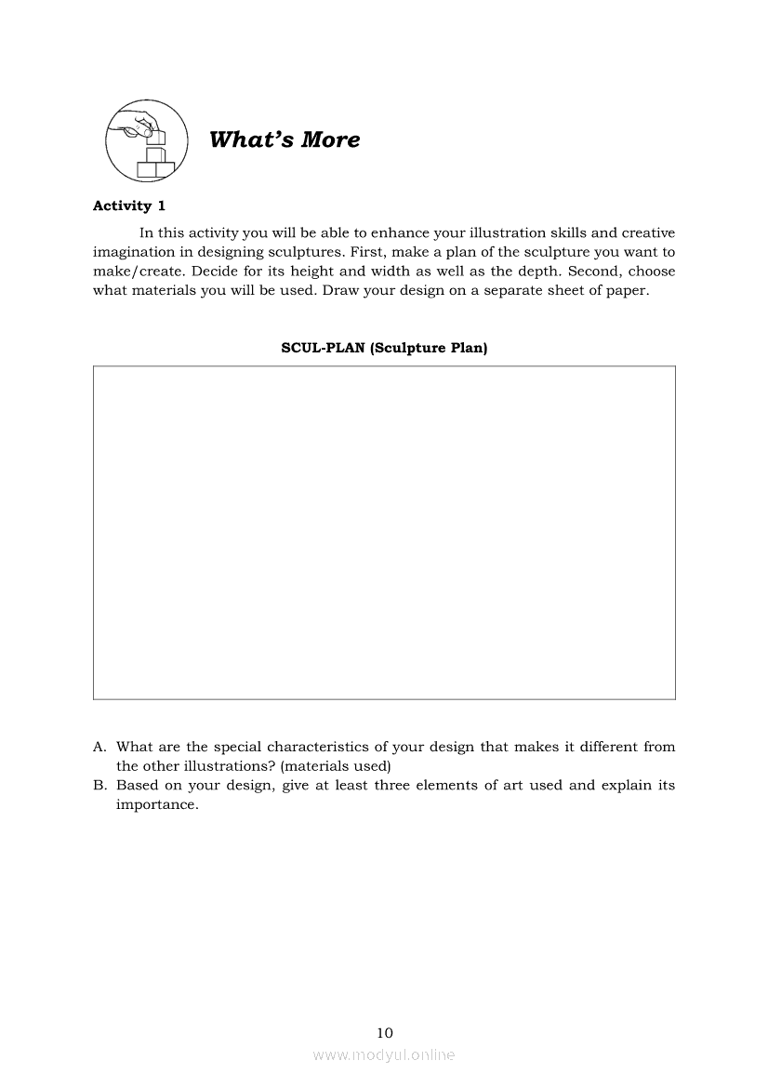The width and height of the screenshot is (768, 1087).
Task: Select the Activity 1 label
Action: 129,206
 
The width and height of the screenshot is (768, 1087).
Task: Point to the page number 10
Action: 385,1032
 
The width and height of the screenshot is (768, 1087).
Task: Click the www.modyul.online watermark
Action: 384,1054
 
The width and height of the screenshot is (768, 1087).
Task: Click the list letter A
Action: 99,747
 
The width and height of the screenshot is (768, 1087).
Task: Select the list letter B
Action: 99,786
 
